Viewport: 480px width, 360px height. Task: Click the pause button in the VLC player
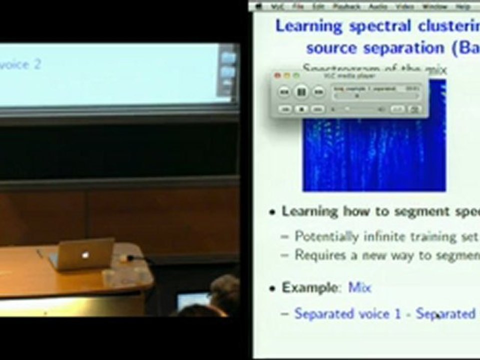pos(301,91)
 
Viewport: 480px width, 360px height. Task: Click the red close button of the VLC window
pos(278,75)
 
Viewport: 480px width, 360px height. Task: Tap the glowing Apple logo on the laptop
pos(85,255)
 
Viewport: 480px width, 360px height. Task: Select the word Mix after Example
pos(359,287)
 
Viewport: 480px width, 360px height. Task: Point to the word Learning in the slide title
pos(308,26)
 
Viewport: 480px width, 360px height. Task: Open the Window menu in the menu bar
pos(434,6)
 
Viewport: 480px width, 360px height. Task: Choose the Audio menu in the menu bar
pos(378,6)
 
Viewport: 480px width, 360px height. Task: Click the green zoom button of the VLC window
pos(296,75)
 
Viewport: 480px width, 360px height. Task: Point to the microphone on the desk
pos(131,258)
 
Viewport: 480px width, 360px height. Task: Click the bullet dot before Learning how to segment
pos(272,212)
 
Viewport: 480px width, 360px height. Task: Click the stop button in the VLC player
pos(301,108)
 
